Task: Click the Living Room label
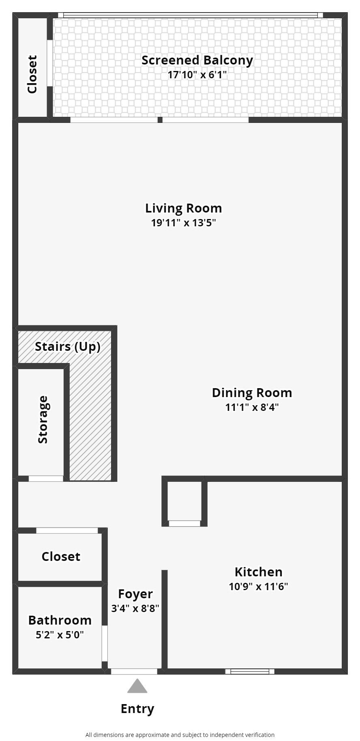click(x=183, y=208)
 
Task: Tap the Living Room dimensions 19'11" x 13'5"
click(x=183, y=223)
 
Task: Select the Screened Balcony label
click(x=197, y=60)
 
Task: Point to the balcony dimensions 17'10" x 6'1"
click(x=197, y=75)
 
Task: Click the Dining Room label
click(x=252, y=393)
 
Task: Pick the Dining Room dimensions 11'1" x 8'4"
click(x=252, y=407)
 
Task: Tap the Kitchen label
click(x=258, y=572)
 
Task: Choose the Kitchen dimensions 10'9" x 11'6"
click(x=258, y=586)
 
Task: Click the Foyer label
click(x=135, y=594)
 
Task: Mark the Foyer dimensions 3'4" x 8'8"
click(x=135, y=608)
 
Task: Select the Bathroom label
click(x=60, y=620)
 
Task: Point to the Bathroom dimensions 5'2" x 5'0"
click(x=60, y=635)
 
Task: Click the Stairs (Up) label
click(x=67, y=347)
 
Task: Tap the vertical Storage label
click(x=43, y=419)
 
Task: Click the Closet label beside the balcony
click(x=32, y=74)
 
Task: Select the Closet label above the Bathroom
click(x=61, y=556)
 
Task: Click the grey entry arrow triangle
click(x=137, y=686)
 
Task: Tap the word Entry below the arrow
click(x=137, y=709)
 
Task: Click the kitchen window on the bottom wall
click(x=250, y=671)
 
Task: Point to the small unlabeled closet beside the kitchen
click(x=184, y=501)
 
